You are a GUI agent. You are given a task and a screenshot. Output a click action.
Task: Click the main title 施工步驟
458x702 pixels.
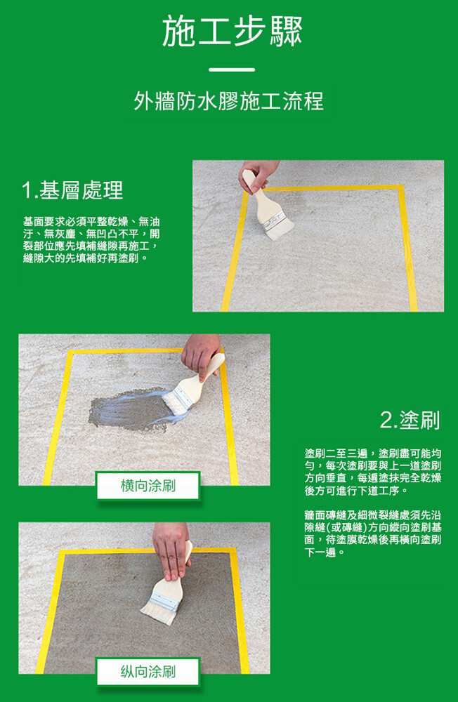click(232, 32)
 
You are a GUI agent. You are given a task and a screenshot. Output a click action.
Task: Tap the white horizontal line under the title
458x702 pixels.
click(232, 69)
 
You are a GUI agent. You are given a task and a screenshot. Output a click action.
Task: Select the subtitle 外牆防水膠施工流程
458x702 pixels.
click(228, 101)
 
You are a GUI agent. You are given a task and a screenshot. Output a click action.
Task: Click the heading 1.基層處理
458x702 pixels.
click(72, 190)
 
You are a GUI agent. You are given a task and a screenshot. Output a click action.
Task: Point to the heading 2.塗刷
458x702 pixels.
click(410, 420)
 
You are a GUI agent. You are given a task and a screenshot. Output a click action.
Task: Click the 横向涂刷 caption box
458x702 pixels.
click(148, 485)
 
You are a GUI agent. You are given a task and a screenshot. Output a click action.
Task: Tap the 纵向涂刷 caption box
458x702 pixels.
click(148, 671)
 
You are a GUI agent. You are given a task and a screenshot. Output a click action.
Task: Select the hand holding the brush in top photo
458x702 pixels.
click(259, 175)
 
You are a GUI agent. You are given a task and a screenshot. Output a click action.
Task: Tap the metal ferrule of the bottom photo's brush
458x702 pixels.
click(163, 602)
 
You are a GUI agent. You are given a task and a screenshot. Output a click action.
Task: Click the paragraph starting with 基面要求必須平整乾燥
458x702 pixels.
click(91, 240)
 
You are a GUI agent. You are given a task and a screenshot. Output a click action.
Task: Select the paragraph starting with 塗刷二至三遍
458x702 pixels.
click(373, 472)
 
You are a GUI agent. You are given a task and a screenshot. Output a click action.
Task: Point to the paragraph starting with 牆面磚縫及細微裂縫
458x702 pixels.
click(373, 534)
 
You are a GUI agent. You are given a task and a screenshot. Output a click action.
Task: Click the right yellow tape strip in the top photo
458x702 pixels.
click(408, 249)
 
